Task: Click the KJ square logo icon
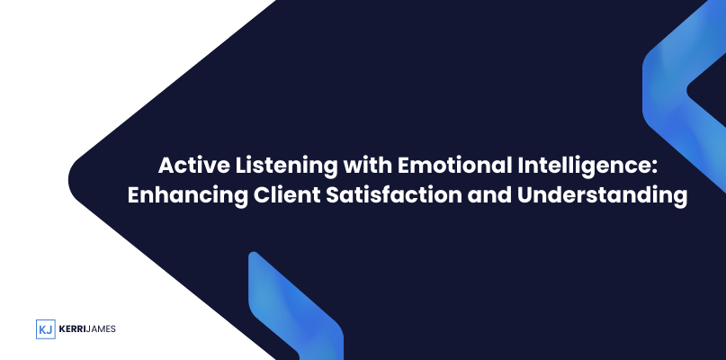tap(45, 329)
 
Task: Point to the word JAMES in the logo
tap(101, 329)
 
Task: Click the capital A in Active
tap(166, 166)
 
